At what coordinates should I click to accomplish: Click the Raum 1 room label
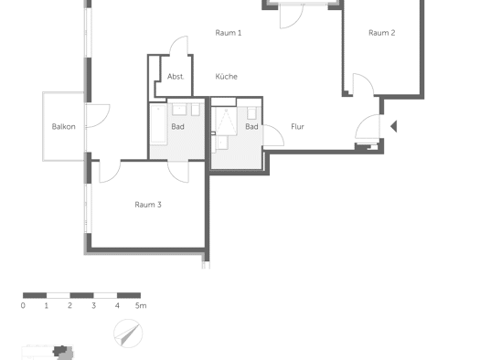(229, 33)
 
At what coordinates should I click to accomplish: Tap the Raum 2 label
(382, 33)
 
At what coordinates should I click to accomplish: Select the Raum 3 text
(148, 205)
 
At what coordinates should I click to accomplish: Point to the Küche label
(226, 77)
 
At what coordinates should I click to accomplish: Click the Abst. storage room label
(176, 77)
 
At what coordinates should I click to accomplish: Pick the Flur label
(297, 127)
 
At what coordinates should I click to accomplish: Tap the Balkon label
(63, 127)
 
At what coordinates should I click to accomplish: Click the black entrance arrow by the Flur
(394, 126)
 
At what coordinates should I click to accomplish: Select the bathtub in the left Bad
(158, 124)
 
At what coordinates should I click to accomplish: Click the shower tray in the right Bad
(226, 122)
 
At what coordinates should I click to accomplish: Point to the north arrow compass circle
(128, 334)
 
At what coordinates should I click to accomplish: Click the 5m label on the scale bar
(141, 305)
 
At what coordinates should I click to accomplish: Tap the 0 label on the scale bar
(23, 305)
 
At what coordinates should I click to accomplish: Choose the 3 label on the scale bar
(93, 305)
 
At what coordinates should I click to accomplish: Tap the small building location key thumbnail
(48, 353)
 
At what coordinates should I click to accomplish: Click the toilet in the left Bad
(196, 110)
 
